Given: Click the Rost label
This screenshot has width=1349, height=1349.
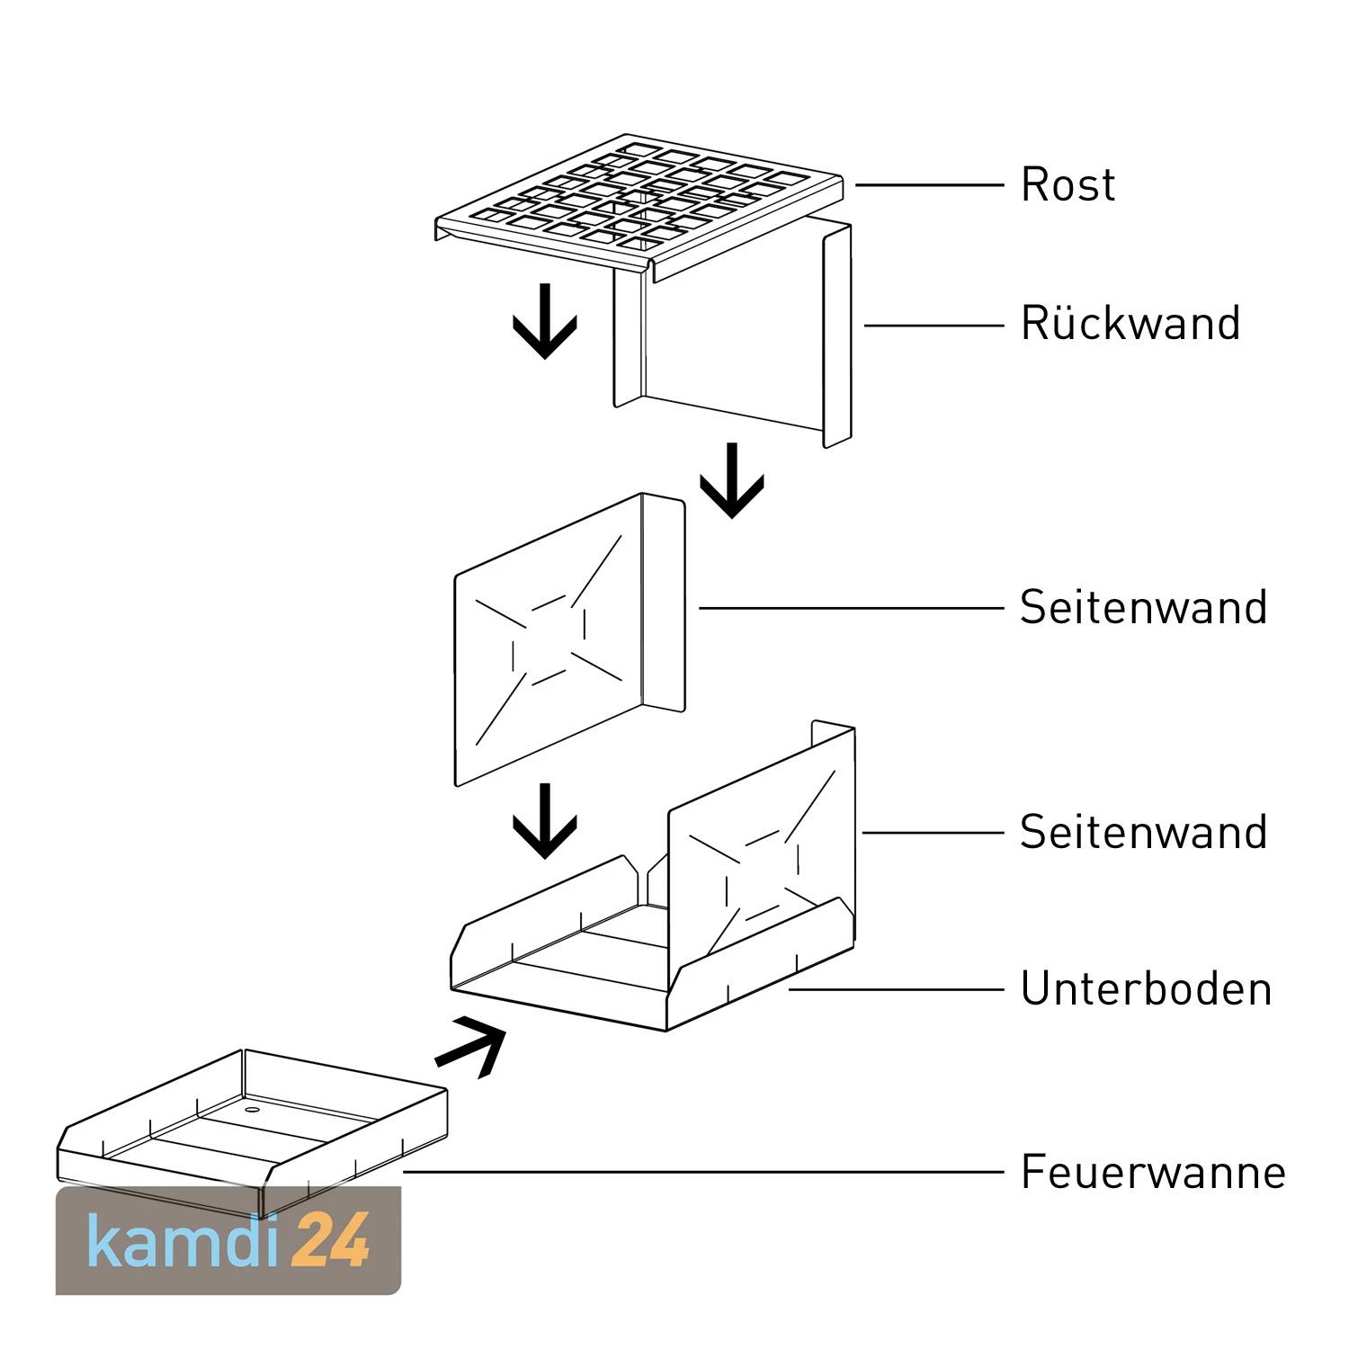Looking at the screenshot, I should tap(1068, 185).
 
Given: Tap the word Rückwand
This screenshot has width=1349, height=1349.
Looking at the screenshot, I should tap(1130, 324).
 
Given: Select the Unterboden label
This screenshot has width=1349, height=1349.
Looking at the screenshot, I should tap(1146, 989).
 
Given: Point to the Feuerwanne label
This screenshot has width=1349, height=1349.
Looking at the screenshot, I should tap(1153, 1173).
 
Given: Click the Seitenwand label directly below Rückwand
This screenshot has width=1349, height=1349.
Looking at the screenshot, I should tap(1143, 608).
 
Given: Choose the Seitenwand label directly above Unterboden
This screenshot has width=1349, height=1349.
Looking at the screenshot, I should tap(1143, 833).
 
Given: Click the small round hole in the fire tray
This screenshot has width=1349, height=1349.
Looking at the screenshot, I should tap(251, 1111).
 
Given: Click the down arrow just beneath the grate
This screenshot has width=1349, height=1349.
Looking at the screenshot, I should tap(544, 321).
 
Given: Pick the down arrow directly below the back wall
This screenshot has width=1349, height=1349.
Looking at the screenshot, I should tap(731, 480).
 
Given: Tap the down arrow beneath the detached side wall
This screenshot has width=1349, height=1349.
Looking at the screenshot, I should tap(544, 820).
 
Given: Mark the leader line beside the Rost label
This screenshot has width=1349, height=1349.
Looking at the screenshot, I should tap(928, 185).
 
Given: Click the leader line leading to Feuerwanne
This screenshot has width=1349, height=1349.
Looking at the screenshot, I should tap(701, 1172).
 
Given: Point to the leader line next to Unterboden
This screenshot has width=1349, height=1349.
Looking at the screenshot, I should tap(896, 989).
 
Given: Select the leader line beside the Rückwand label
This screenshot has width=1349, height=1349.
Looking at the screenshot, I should tap(934, 325).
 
